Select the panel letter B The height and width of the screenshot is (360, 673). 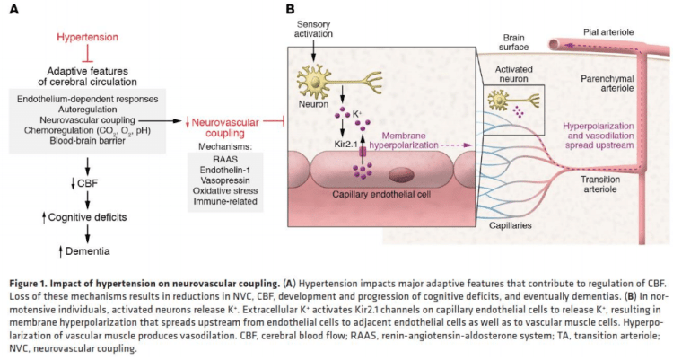coord(290,9)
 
